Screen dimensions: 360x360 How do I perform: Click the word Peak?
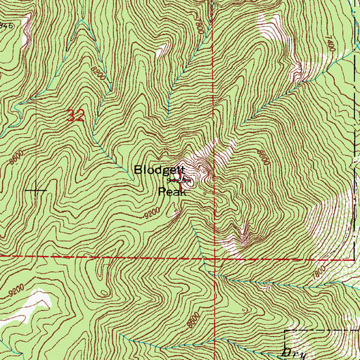point(172,191)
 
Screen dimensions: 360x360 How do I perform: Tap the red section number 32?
point(76,117)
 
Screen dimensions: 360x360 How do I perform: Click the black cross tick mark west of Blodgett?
point(34,191)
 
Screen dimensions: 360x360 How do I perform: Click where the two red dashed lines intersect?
point(212,257)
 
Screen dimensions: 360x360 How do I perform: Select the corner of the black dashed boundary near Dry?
point(285,329)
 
